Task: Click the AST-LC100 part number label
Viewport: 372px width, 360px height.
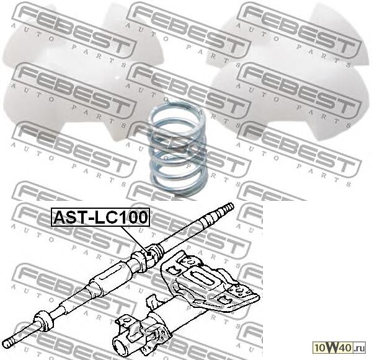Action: click(100, 218)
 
